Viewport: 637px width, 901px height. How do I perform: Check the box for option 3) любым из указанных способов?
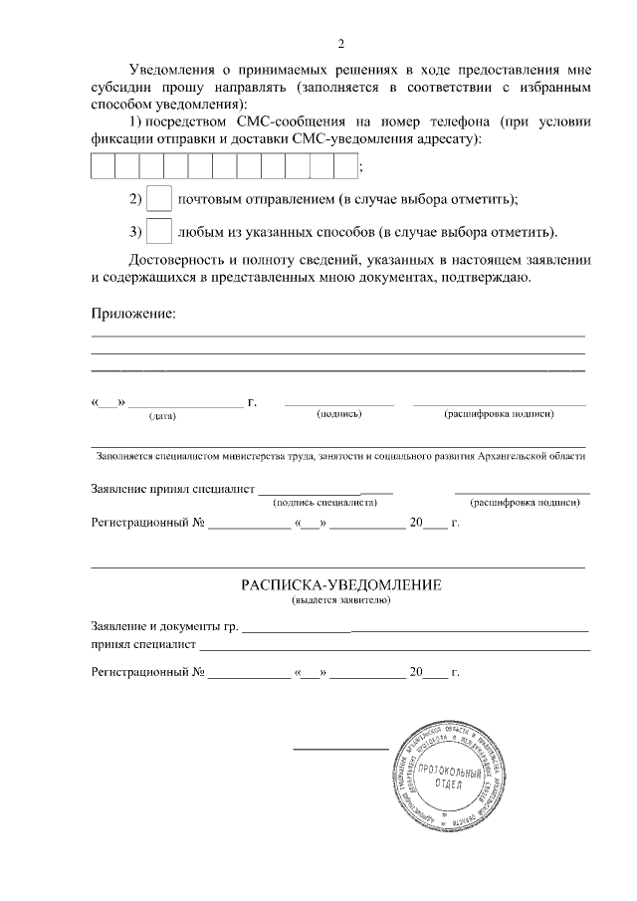(x=158, y=232)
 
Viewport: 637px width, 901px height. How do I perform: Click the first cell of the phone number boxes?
(x=103, y=165)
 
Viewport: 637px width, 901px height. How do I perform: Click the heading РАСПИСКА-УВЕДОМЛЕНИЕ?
(x=340, y=585)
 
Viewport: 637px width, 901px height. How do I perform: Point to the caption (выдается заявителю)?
(x=340, y=601)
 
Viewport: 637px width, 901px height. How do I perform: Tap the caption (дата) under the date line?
(x=162, y=415)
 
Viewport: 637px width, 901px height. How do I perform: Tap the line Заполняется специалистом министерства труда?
(x=340, y=457)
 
